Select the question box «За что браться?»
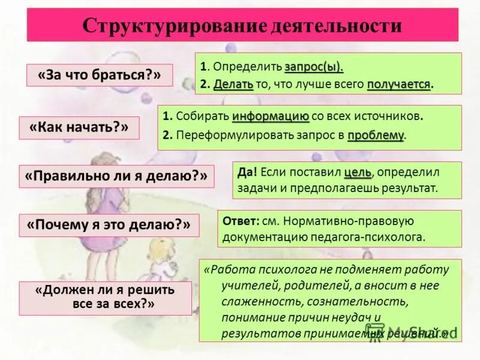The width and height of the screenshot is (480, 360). (100, 76)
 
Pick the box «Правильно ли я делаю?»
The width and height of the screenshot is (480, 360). (116, 176)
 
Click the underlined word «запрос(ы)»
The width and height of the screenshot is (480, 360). (314, 66)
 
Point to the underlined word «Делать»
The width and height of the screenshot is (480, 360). (233, 84)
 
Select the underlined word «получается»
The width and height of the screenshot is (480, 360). (398, 84)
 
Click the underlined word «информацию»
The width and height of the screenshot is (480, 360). (271, 116)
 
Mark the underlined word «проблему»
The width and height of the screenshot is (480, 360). (376, 135)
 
